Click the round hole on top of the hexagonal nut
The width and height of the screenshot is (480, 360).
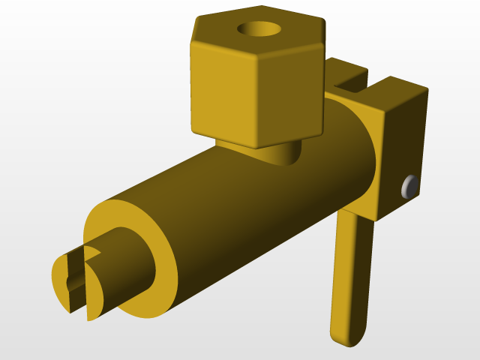[x=259, y=30]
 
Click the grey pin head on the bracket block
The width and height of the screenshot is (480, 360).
[x=409, y=186]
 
